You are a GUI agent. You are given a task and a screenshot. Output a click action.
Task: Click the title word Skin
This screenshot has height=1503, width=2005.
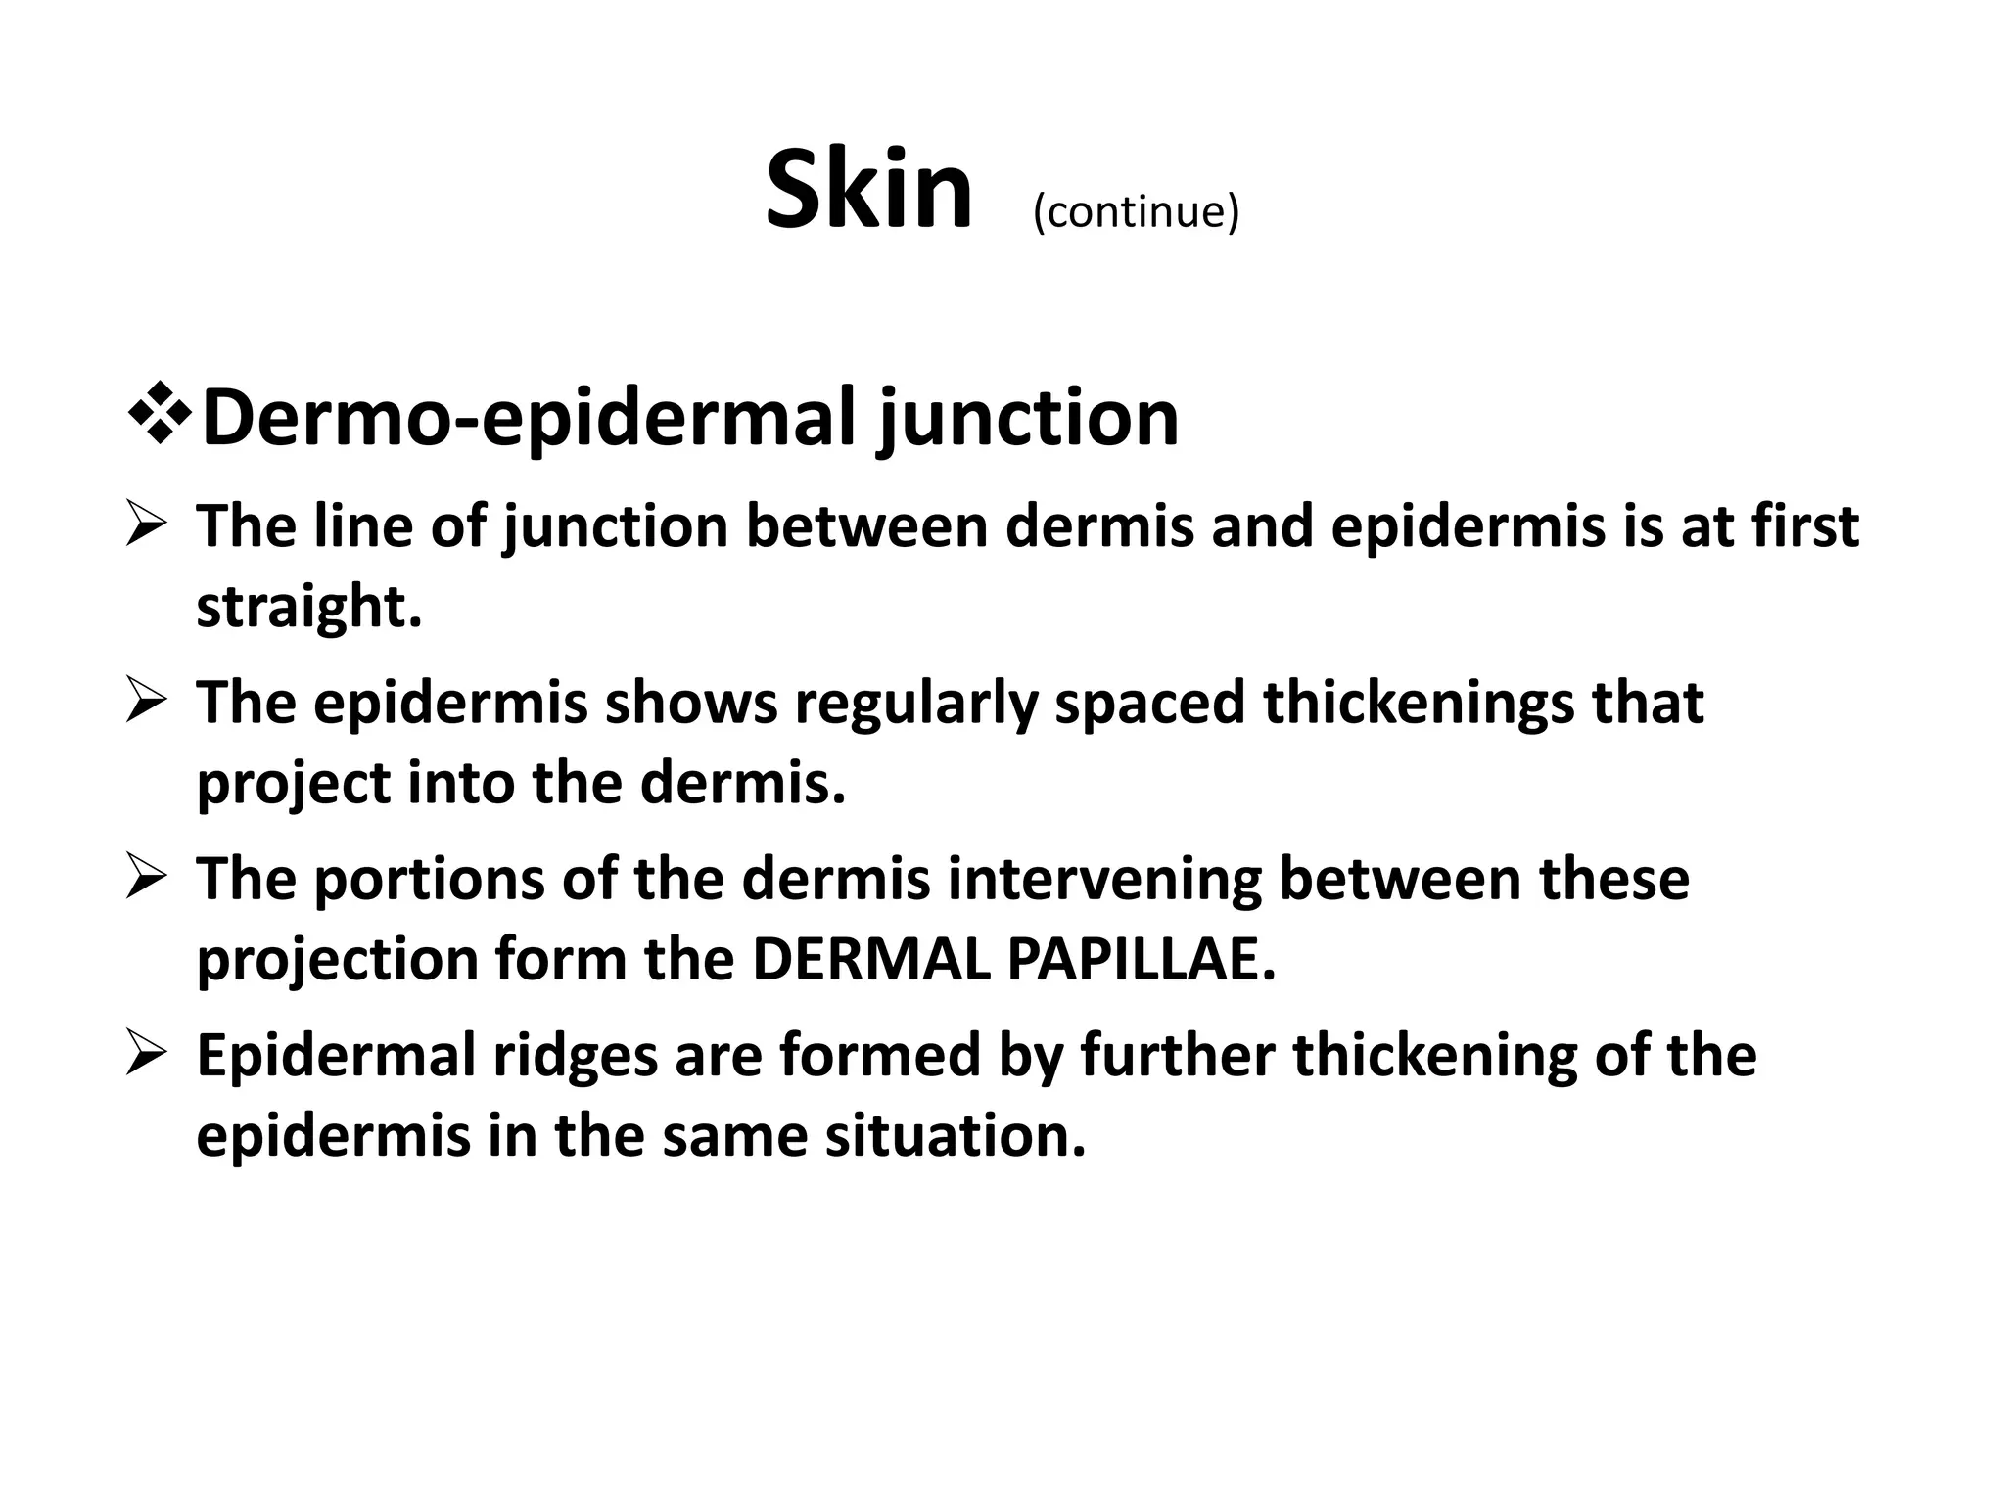pos(867,190)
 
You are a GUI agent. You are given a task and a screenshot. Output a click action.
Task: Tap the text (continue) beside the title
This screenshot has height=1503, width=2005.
pos(1136,211)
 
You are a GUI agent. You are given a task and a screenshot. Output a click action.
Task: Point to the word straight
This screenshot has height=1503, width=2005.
pos(308,607)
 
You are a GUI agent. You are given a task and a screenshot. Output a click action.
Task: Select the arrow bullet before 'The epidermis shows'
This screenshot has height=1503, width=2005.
pos(149,705)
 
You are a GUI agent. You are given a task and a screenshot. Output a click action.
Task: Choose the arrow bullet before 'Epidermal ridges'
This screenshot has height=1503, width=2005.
pos(149,1057)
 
